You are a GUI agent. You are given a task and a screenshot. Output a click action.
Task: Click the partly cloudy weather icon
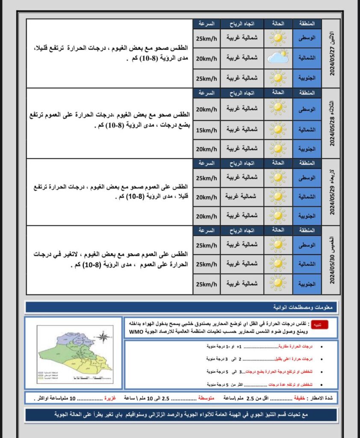277,58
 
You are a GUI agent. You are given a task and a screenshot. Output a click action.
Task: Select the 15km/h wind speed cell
207,129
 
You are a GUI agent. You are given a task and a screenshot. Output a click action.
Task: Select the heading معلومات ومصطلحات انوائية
305,307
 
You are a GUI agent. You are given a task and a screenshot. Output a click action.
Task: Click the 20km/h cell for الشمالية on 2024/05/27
207,58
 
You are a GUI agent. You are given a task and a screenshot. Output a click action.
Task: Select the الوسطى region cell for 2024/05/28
307,109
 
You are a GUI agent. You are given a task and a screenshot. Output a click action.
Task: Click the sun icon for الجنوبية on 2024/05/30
277,284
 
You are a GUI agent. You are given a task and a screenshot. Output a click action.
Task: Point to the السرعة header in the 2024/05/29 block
207,163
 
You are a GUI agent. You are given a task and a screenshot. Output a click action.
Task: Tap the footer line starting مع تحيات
182,415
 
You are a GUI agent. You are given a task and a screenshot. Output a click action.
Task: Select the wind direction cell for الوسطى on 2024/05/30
242,245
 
